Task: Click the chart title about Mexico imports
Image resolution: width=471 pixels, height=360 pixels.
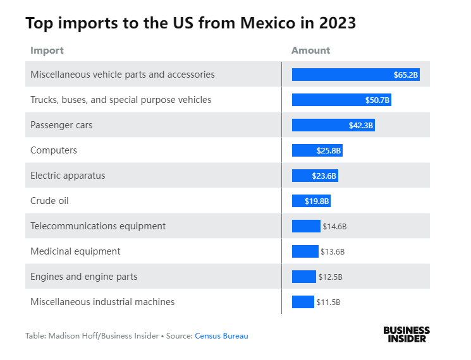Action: (190, 23)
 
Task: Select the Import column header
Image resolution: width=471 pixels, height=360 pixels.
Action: (47, 51)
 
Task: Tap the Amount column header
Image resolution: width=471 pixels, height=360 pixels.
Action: (310, 51)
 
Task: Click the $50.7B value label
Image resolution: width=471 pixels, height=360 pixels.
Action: (377, 100)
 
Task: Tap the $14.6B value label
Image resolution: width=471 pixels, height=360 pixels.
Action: (334, 226)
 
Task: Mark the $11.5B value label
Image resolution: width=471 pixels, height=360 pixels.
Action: (328, 302)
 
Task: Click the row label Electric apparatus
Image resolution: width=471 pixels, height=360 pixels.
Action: (68, 176)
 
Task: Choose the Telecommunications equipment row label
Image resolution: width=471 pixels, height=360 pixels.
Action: (98, 226)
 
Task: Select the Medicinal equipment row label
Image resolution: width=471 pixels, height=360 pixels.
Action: (75, 251)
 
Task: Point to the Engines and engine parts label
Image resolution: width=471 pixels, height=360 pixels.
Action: (83, 277)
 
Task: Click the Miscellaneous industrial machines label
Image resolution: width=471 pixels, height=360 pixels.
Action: (102, 302)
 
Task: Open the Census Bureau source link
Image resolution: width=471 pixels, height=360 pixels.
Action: (221, 336)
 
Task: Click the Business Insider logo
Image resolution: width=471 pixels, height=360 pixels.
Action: (406, 334)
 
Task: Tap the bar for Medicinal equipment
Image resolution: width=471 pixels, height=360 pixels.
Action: (305, 251)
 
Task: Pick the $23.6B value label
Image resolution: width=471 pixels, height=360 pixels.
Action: (324, 176)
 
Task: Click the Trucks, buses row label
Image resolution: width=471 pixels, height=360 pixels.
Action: (121, 100)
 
